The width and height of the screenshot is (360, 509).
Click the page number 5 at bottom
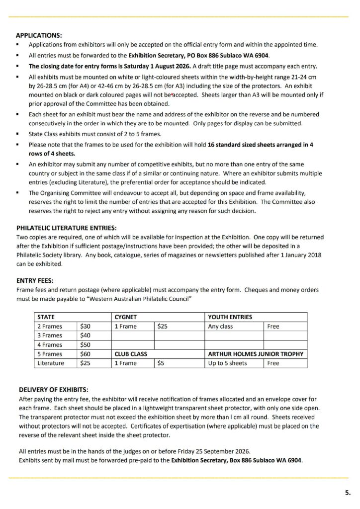click(x=347, y=493)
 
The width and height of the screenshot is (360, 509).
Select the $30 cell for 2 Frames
click(x=85, y=327)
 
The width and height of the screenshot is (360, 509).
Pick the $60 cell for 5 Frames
click(x=85, y=354)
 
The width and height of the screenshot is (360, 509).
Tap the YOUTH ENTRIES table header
click(x=230, y=317)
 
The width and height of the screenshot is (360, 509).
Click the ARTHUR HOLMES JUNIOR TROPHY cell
click(x=255, y=354)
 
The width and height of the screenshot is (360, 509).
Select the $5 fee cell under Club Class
click(x=161, y=363)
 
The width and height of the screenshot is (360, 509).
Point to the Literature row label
click(x=50, y=363)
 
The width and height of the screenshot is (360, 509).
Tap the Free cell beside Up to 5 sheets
click(x=273, y=363)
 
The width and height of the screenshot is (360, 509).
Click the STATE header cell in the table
click(x=46, y=317)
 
